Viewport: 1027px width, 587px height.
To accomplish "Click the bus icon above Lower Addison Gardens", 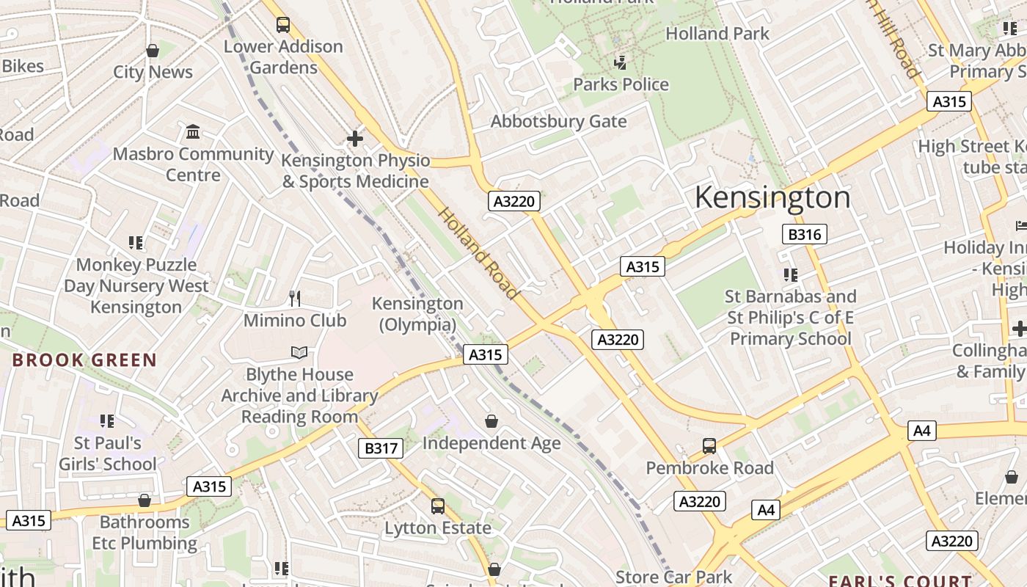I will point(283,25).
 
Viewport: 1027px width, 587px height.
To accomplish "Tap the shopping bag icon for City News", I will point(153,51).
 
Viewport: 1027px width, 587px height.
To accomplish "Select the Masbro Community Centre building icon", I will point(193,132).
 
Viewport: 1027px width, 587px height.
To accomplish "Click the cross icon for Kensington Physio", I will point(355,138).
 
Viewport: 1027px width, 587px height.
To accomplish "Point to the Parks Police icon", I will point(621,62).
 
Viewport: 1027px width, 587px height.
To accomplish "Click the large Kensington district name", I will point(772,197).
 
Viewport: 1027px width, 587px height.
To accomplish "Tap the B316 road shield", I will point(805,234).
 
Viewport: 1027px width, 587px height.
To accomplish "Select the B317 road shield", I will point(381,448).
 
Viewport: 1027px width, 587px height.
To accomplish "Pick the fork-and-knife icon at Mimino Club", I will point(295,298).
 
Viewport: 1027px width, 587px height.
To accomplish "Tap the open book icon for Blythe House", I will point(299,353).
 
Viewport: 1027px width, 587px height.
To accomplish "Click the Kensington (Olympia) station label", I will point(417,313).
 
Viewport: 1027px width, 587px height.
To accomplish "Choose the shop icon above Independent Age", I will point(491,421).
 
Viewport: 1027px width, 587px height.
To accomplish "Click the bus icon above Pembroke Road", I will point(709,445).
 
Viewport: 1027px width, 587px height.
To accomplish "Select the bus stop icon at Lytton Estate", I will point(438,506).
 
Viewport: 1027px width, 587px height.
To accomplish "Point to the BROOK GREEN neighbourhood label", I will point(84,360).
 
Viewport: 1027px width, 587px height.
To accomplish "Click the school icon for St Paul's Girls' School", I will point(108,421).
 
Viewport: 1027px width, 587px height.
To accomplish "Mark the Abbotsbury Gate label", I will point(558,121).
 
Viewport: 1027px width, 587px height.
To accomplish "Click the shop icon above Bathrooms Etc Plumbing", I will point(145,500).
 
